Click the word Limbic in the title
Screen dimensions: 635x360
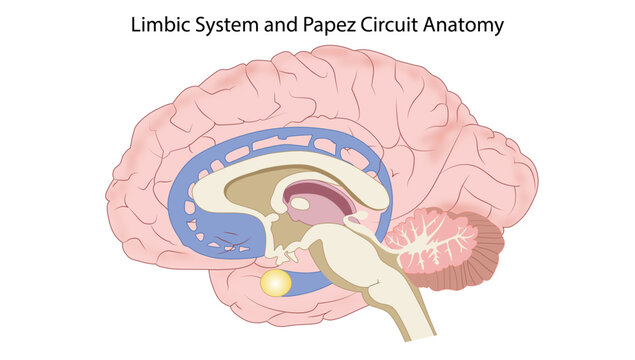point(160,25)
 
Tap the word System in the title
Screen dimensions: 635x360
point(227,26)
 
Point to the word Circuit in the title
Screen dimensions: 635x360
point(389,25)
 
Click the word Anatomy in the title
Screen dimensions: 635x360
point(463,26)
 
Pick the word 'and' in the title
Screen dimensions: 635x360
point(281,25)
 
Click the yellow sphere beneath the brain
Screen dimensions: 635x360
point(276,283)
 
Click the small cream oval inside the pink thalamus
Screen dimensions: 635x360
point(300,203)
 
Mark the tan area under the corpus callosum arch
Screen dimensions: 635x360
point(259,190)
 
